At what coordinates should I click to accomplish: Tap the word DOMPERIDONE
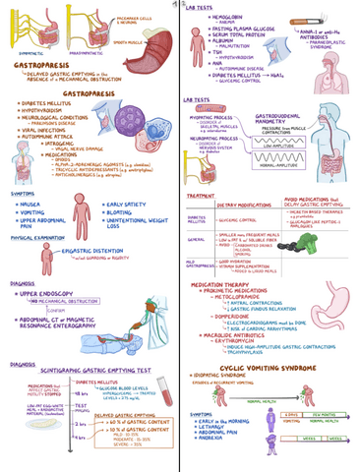click(232, 316)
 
